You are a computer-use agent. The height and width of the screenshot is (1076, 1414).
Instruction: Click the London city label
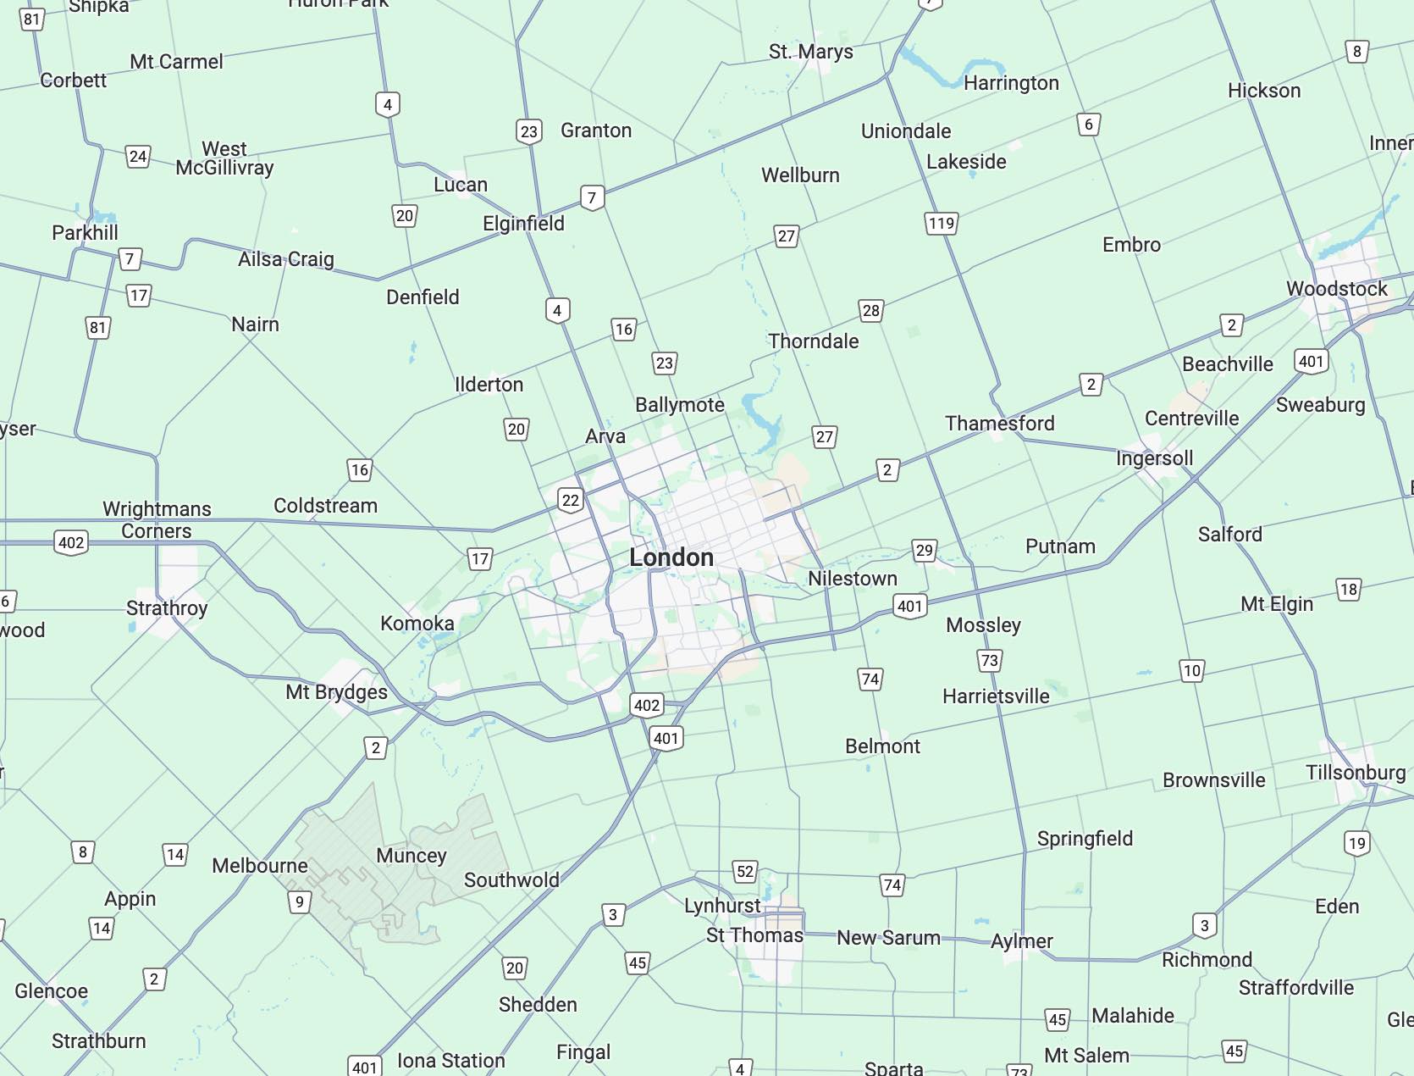point(671,557)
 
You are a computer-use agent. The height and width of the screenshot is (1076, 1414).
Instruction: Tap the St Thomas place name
point(754,935)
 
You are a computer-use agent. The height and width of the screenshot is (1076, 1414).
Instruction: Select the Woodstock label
point(1336,289)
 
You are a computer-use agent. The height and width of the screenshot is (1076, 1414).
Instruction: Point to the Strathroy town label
point(167,608)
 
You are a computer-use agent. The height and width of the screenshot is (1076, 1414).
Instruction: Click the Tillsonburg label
point(1355,773)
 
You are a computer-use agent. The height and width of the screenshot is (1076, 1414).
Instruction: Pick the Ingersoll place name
point(1154,458)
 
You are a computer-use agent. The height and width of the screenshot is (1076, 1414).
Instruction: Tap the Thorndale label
point(813,341)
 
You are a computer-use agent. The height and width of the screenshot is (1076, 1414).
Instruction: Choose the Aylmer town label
point(1021,941)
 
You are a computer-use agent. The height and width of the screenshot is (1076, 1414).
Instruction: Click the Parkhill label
point(85,233)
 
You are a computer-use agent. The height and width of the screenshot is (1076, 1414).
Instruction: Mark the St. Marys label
point(810,52)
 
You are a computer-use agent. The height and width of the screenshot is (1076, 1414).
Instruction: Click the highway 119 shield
point(941,224)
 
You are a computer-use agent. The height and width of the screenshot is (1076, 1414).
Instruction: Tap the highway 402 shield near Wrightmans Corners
point(71,543)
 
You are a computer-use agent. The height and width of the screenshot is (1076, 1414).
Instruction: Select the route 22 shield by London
point(571,500)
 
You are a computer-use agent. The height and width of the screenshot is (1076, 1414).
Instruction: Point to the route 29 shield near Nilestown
point(924,551)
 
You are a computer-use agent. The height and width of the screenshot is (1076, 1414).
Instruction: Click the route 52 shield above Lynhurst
point(744,872)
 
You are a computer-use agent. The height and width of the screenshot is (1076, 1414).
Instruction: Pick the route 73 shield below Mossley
point(989,660)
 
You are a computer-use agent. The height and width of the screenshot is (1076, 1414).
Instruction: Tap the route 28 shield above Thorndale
point(870,311)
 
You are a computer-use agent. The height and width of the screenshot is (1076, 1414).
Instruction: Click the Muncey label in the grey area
point(411,856)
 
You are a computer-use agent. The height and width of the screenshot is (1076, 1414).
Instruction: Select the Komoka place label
point(417,624)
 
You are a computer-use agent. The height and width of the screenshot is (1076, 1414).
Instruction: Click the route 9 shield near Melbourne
point(299,902)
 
